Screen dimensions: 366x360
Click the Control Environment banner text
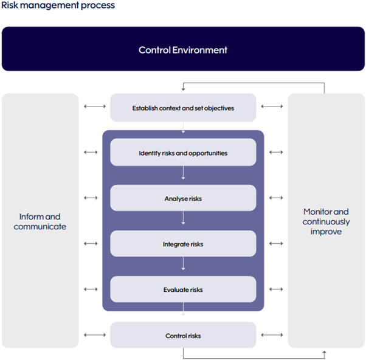[x=183, y=50]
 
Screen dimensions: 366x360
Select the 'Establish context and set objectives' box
[x=183, y=108]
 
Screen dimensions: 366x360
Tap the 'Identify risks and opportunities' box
[x=183, y=152]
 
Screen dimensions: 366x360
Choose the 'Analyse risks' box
[x=183, y=198]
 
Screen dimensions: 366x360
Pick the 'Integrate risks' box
[x=183, y=243]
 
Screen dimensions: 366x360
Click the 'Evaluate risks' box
[x=183, y=289]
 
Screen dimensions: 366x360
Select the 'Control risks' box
[x=183, y=335]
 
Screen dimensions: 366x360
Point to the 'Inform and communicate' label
[x=40, y=221]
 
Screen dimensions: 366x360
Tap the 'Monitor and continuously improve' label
[x=326, y=221]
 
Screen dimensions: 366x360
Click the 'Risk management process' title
[x=58, y=5]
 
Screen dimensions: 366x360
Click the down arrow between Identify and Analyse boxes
[x=183, y=173]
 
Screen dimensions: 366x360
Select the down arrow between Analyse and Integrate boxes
[x=183, y=218]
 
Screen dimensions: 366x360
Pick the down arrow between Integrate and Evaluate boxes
[x=183, y=263]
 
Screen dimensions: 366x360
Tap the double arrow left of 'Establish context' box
[x=95, y=106]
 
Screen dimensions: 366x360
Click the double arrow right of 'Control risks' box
[x=272, y=335]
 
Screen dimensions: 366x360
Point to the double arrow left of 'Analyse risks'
[x=91, y=198]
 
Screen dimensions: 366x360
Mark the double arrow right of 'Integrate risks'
[x=276, y=243]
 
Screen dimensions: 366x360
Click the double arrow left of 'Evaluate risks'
[x=91, y=289]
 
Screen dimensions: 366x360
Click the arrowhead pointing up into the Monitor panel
[x=324, y=352]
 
